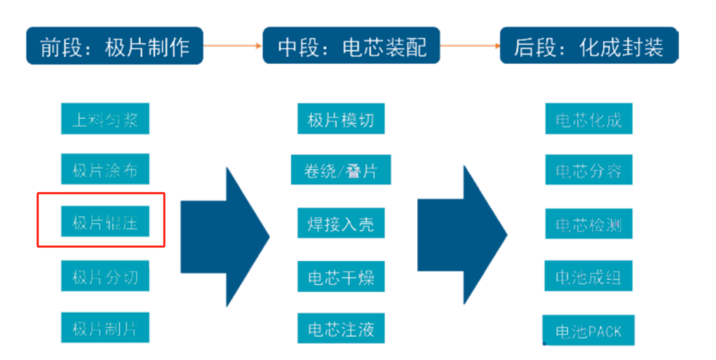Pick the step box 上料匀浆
(105, 119)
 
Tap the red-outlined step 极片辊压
(105, 223)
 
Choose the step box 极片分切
(105, 276)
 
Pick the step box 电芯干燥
(340, 277)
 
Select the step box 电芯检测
(588, 224)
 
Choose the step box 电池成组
(588, 277)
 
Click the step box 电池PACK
(588, 331)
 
